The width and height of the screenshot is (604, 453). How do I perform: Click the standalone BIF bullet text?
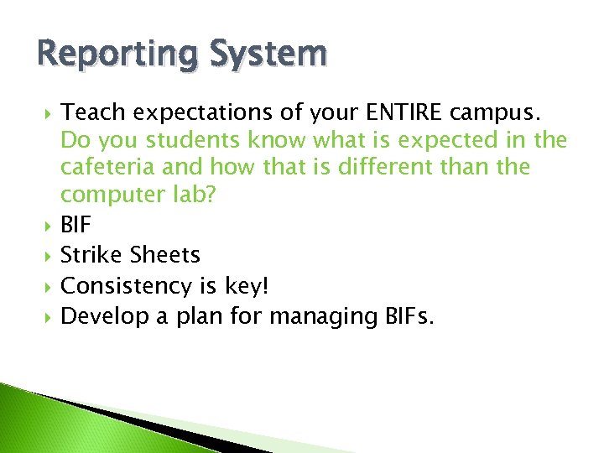click(76, 224)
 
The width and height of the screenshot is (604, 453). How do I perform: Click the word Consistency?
click(127, 285)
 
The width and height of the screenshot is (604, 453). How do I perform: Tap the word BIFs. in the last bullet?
click(394, 316)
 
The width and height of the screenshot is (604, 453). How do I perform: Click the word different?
click(406, 166)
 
